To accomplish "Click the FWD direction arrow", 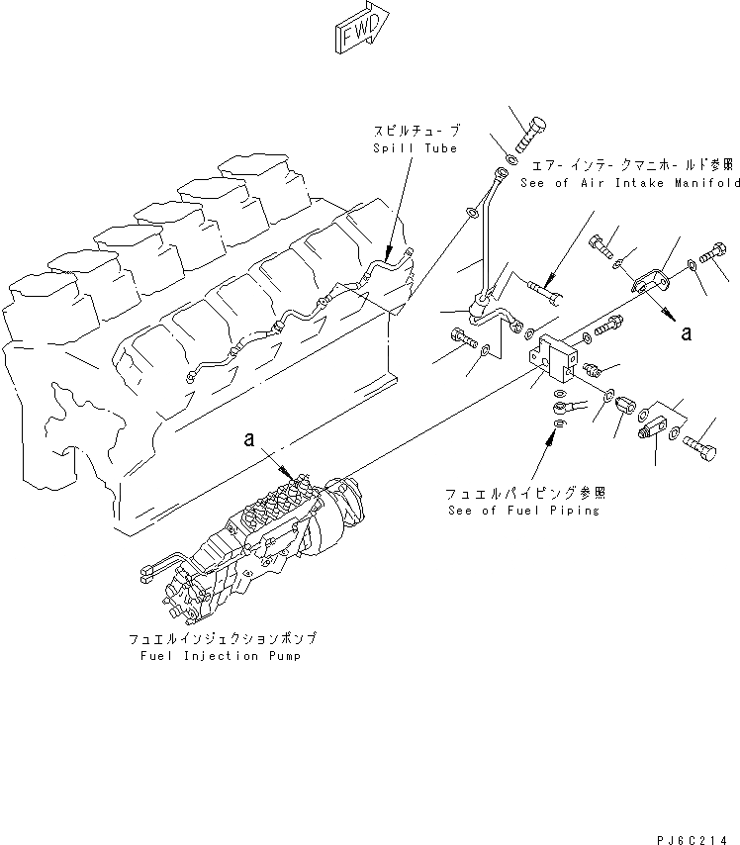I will [363, 31].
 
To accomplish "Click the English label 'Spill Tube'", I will [415, 148].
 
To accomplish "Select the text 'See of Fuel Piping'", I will [523, 510].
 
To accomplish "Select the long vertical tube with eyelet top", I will [484, 237].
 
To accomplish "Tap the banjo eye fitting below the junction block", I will [572, 406].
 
